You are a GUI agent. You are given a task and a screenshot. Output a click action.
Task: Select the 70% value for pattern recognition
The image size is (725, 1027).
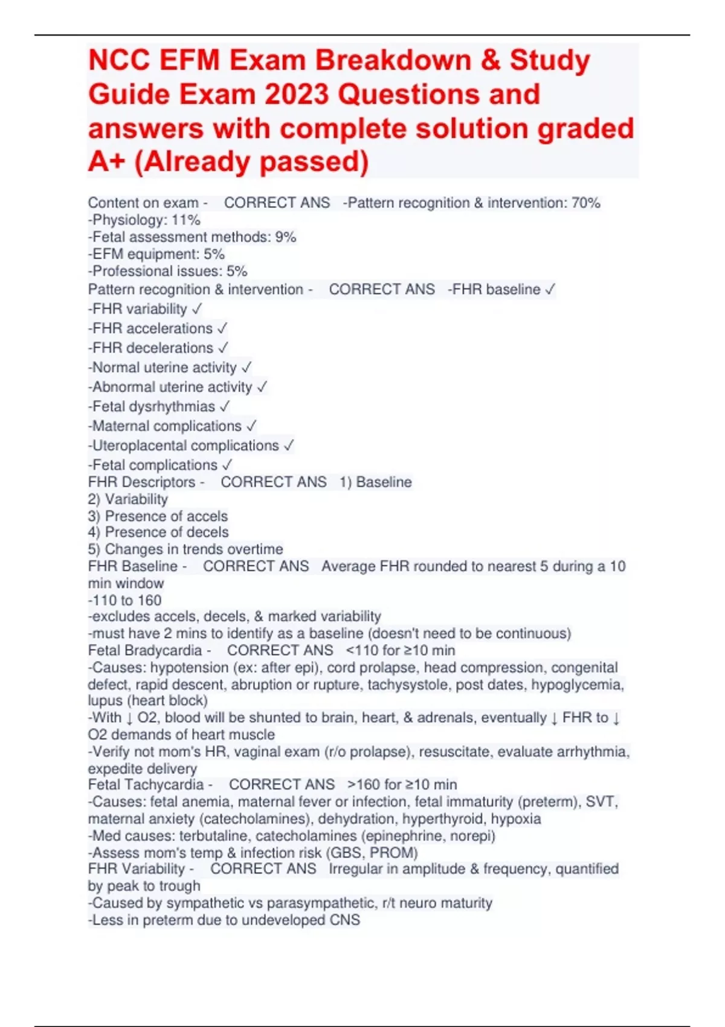pyautogui.click(x=585, y=203)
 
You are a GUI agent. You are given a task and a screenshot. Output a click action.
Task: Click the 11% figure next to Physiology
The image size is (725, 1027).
pyautogui.click(x=185, y=220)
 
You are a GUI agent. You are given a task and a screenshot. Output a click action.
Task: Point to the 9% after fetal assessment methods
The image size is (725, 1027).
pyautogui.click(x=285, y=237)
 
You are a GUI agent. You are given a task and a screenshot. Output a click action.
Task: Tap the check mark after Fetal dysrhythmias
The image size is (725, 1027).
pyautogui.click(x=225, y=407)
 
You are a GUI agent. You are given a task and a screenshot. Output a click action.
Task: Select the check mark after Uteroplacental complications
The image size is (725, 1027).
pyautogui.click(x=289, y=446)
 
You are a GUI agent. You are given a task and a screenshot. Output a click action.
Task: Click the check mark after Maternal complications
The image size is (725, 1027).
pyautogui.click(x=251, y=427)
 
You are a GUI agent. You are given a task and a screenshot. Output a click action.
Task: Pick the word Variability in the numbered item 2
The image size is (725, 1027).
pyautogui.click(x=136, y=499)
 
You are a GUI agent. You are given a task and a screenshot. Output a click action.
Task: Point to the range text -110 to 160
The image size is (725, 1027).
pyautogui.click(x=125, y=600)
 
